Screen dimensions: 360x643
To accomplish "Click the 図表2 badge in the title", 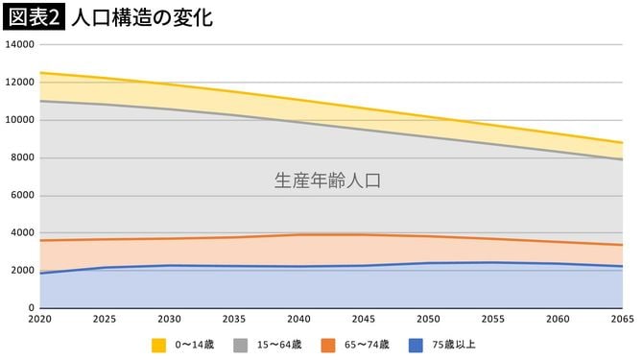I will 35,16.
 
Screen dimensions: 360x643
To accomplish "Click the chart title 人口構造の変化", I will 142,17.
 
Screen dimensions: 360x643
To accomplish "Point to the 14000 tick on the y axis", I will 20,45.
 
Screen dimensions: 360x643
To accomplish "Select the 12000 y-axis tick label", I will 20,83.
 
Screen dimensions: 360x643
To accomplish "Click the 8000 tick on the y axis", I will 23,157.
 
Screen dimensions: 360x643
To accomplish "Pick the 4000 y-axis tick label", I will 23,232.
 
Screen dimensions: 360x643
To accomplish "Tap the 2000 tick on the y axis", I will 23,270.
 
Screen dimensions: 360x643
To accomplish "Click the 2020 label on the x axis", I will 39,318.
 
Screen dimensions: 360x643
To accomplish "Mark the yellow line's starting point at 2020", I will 40,73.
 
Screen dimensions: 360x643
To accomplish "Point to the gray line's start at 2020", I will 40,101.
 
